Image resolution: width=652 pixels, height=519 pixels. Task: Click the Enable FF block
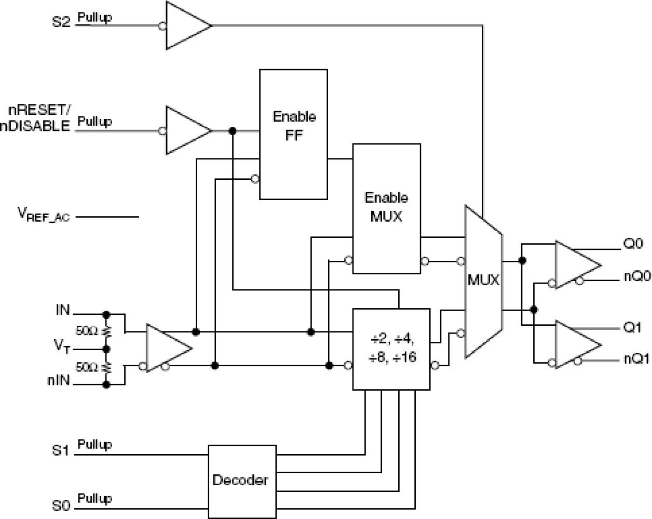[x=293, y=134]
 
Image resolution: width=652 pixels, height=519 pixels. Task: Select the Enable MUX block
[x=386, y=208]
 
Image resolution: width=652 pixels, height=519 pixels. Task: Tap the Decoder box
[x=242, y=481]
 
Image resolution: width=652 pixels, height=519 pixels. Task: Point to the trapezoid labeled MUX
[x=483, y=281]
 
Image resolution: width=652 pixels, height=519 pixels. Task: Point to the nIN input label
[x=59, y=380]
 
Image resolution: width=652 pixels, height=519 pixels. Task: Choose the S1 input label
[x=60, y=450]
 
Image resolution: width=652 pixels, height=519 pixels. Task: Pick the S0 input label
[x=60, y=505]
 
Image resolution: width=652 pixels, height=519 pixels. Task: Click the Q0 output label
[x=633, y=244]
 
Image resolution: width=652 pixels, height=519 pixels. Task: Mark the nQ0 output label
[x=637, y=276]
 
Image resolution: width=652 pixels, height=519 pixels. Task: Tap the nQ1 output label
[x=637, y=359]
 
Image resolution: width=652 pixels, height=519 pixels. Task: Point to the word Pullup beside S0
[x=94, y=499]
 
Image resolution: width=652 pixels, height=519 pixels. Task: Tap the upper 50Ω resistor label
[x=86, y=330]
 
